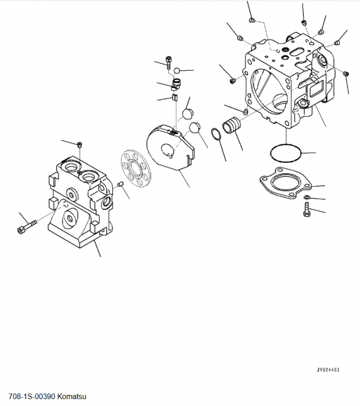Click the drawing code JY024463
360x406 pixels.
[x=328, y=370]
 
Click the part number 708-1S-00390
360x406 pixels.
[x=32, y=396]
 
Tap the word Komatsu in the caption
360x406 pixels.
[x=71, y=396]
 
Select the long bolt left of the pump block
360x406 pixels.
[x=27, y=226]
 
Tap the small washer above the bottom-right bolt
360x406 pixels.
[x=307, y=197]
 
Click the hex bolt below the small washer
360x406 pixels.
[x=307, y=210]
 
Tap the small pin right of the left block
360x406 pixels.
[x=119, y=184]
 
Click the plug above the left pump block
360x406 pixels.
[x=80, y=145]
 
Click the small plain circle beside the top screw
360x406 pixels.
[x=177, y=70]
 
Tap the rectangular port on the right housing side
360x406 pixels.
[x=315, y=89]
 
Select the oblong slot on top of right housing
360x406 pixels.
[x=298, y=51]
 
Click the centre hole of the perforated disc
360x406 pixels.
[x=136, y=169]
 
